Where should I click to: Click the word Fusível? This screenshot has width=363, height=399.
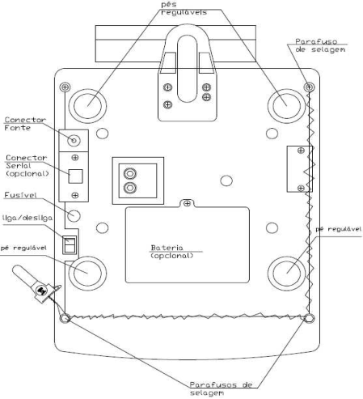click(20, 195)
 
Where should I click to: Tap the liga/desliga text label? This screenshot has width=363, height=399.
click(27, 218)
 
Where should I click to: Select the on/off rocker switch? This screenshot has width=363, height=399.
click(70, 244)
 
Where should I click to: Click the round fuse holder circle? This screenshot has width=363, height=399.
click(74, 216)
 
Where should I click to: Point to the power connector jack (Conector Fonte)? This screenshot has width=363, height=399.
click(74, 140)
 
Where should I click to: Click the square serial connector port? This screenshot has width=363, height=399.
click(75, 176)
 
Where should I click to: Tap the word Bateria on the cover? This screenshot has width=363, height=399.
click(167, 248)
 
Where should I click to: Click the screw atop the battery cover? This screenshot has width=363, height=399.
click(187, 203)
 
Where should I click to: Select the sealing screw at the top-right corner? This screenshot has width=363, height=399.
click(309, 87)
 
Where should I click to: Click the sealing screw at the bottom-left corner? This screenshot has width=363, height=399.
click(65, 318)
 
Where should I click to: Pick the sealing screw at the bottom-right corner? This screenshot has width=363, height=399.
click(310, 318)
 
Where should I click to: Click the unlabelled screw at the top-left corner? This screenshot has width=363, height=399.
click(65, 87)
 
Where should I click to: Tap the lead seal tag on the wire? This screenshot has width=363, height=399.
click(41, 291)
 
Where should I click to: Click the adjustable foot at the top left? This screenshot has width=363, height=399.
click(87, 106)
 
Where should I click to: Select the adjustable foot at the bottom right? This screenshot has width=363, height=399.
click(287, 274)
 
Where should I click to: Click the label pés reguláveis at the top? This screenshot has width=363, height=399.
click(184, 8)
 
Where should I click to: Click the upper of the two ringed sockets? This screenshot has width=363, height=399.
click(130, 173)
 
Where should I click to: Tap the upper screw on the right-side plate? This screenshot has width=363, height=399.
click(301, 151)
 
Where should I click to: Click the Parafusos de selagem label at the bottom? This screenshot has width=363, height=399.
click(221, 388)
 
